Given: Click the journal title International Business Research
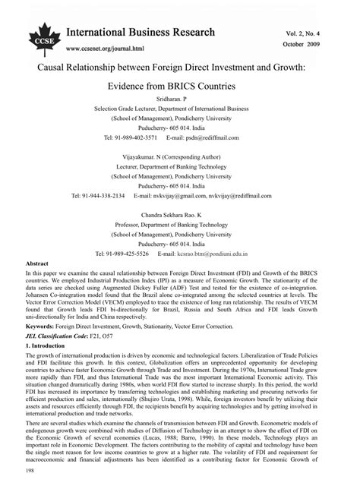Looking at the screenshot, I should [x=140, y=33].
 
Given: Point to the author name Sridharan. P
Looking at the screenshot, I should [x=180, y=99].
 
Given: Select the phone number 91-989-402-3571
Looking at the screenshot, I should [x=137, y=137].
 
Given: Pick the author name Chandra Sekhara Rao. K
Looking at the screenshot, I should [x=180, y=214].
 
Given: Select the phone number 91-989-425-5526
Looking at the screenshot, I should [x=137, y=253].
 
